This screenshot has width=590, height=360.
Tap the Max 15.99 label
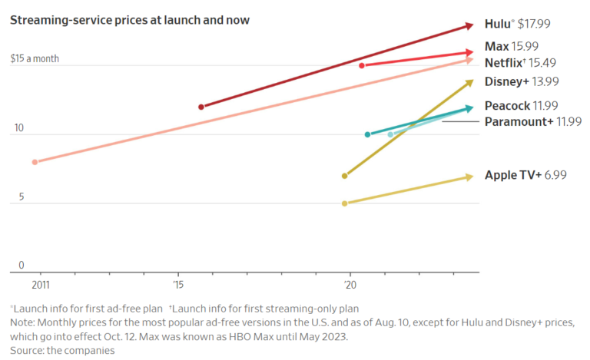(x=522, y=47)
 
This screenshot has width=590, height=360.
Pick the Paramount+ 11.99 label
(x=533, y=121)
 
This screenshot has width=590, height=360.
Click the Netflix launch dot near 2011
(x=35, y=162)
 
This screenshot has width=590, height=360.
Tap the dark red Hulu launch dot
(x=201, y=107)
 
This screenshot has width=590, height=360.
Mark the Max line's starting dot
(x=362, y=65)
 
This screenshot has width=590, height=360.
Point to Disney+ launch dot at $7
(x=344, y=176)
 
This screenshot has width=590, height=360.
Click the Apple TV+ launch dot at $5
(x=344, y=203)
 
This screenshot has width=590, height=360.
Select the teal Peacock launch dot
(x=368, y=134)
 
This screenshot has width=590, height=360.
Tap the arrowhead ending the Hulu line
(x=469, y=25)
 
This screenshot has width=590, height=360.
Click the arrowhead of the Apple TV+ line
(x=469, y=177)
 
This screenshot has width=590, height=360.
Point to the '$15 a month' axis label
(x=35, y=58)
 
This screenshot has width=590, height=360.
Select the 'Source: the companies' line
(x=62, y=350)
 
